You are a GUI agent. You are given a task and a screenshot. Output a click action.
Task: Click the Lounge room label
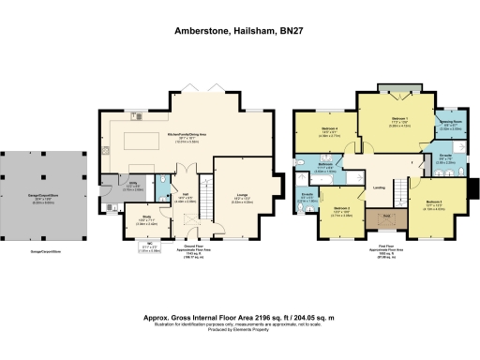[x=241, y=198]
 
